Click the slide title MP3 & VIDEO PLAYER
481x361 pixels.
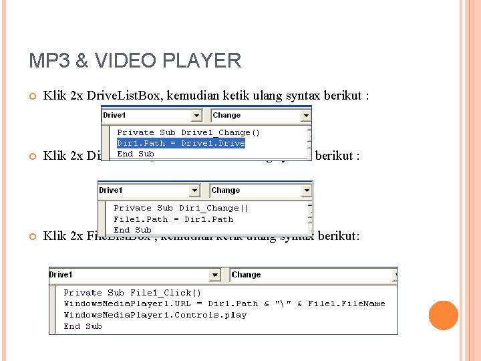coord(135,61)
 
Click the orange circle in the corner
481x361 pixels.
coord(443,316)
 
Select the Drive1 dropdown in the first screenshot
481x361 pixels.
coord(155,116)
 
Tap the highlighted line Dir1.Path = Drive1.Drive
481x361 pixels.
coord(181,143)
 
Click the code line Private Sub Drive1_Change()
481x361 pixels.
coord(188,132)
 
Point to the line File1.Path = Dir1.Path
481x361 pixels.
coord(174,219)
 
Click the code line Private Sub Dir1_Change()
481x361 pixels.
coord(181,208)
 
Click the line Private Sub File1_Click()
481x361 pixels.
coord(132,293)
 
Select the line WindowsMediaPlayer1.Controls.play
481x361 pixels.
coord(155,315)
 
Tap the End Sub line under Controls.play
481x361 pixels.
coord(83,326)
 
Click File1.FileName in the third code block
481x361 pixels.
coord(347,304)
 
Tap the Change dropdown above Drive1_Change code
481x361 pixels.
coord(261,116)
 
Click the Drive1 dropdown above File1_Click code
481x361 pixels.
coord(134,275)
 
